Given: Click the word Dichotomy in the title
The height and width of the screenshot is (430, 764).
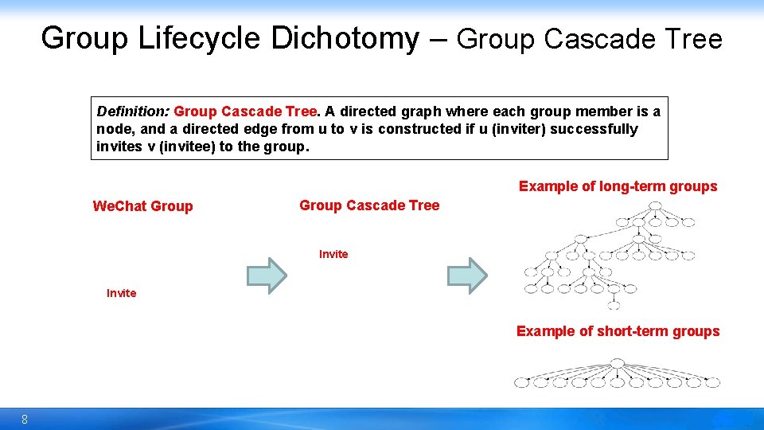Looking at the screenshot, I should point(345,38).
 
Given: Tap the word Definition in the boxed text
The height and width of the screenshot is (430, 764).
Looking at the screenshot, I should point(131,111).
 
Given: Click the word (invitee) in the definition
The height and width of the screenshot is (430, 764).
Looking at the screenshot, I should point(174,147).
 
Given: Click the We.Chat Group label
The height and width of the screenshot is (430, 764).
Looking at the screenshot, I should point(142,206).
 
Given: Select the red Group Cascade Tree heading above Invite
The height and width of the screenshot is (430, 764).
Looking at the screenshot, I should point(369,205).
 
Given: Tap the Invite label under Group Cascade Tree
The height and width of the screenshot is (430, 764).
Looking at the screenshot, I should point(333,254).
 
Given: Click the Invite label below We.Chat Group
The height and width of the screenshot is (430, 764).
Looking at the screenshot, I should point(121,293).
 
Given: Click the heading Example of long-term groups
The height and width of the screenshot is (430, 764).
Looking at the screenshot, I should point(618,186).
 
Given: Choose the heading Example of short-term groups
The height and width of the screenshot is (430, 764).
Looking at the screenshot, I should point(618,331).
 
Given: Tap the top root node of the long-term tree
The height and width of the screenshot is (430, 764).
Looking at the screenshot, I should point(654,205).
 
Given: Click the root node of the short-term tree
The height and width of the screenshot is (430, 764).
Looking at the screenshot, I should point(617,363).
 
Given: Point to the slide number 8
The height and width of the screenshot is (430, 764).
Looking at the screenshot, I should point(25,420).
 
